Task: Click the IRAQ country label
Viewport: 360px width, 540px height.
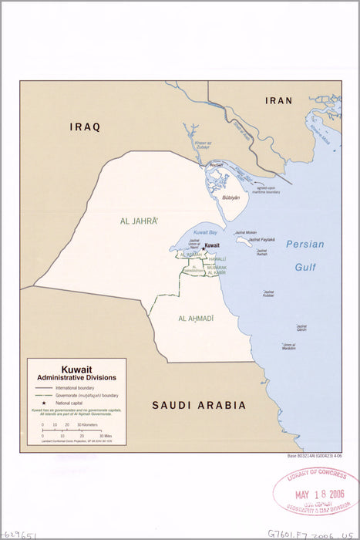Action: [85, 127]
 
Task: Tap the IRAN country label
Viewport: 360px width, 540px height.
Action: [279, 101]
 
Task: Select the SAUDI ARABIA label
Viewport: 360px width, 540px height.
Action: [199, 405]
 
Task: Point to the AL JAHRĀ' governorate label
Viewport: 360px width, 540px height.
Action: [140, 221]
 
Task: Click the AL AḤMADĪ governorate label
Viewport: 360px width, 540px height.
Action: [196, 319]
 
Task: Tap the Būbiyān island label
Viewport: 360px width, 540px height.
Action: [231, 197]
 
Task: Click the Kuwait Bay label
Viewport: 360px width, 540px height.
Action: [204, 232]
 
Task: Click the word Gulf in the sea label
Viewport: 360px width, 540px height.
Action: [305, 267]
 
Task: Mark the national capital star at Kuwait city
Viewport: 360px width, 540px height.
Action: [202, 247]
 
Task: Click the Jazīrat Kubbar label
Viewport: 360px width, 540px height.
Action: [268, 294]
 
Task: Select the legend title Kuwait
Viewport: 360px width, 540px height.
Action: [76, 370]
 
